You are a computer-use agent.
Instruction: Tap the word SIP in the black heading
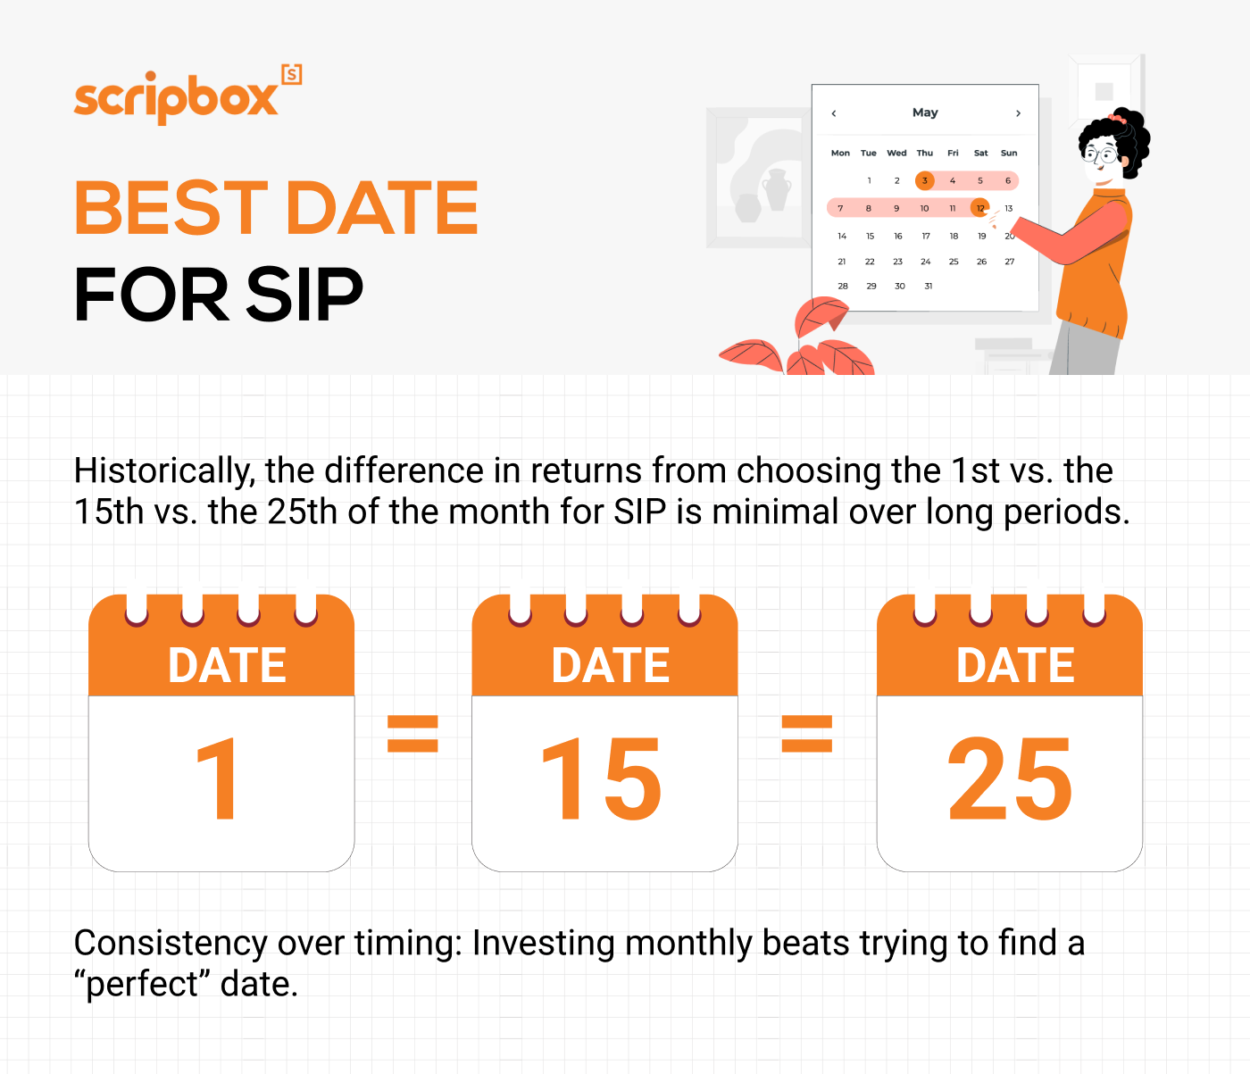pyautogui.click(x=304, y=296)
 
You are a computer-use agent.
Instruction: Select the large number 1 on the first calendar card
pyautogui.click(x=217, y=778)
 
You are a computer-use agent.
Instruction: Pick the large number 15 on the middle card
pyautogui.click(x=602, y=778)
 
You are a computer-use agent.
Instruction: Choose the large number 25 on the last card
pyautogui.click(x=1009, y=778)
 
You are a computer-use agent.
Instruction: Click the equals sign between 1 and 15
pyautogui.click(x=412, y=734)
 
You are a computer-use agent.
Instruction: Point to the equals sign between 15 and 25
pyautogui.click(x=807, y=734)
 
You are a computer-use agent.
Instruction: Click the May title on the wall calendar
pyautogui.click(x=925, y=112)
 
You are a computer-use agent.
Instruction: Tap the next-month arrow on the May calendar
pyautogui.click(x=1018, y=113)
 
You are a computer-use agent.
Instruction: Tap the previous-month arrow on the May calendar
pyautogui.click(x=833, y=113)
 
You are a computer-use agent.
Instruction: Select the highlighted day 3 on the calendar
pyautogui.click(x=925, y=180)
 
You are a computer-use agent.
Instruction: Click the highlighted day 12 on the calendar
pyautogui.click(x=979, y=208)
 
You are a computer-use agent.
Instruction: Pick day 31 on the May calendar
pyautogui.click(x=928, y=287)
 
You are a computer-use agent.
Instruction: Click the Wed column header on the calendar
pyautogui.click(x=896, y=153)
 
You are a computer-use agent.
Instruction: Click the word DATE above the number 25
pyautogui.click(x=1015, y=665)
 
